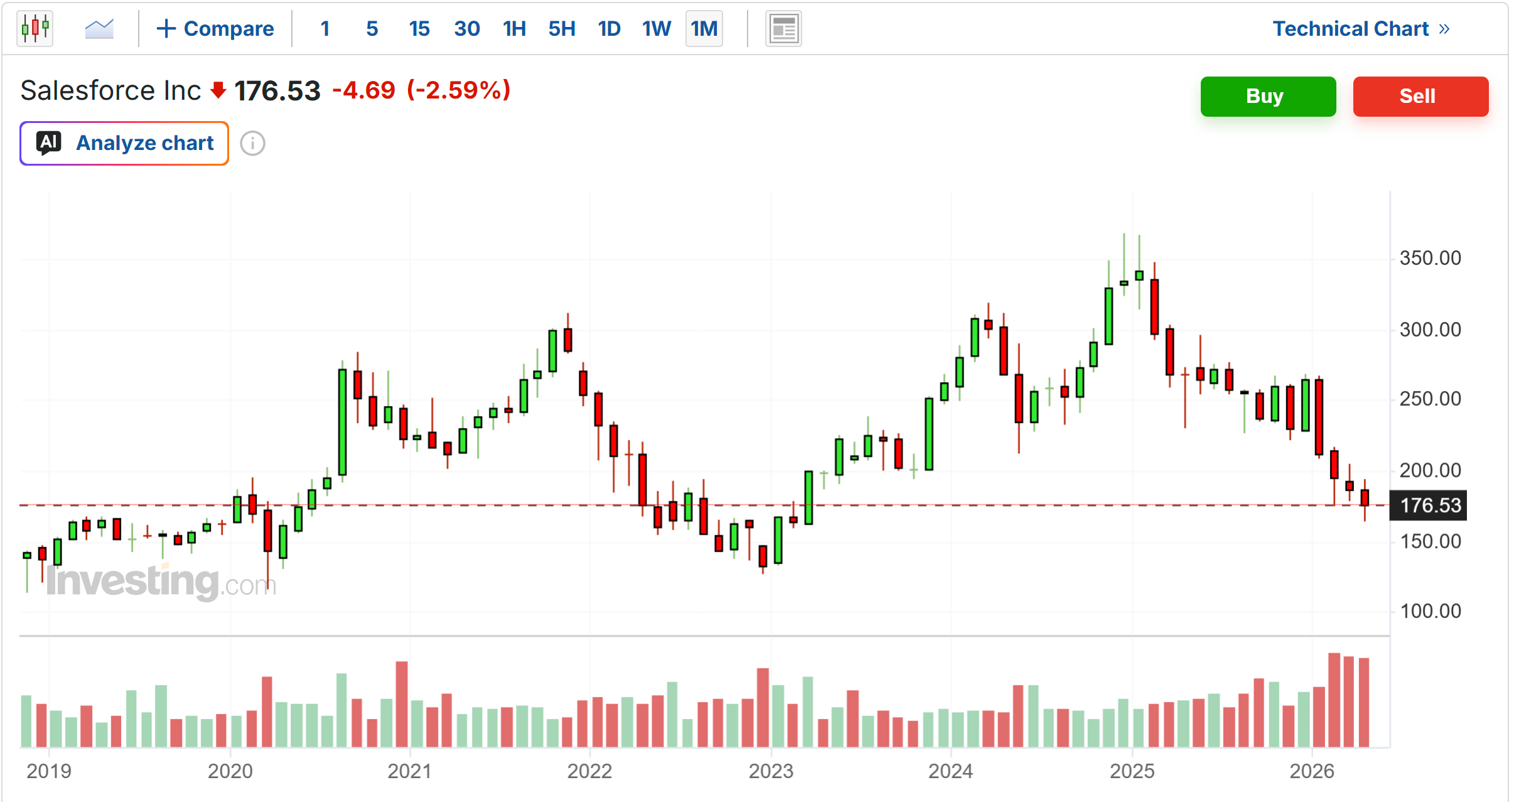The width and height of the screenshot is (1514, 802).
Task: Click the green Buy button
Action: [1268, 97]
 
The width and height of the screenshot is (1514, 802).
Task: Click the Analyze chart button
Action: [124, 143]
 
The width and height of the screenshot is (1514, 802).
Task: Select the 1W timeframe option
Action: [657, 29]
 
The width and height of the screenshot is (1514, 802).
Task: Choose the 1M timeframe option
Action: [704, 29]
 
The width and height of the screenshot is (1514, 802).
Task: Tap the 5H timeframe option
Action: [562, 29]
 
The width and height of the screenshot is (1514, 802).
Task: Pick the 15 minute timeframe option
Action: [419, 29]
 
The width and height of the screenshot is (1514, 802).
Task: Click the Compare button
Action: [215, 29]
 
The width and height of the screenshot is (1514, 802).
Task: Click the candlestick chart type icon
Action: [35, 28]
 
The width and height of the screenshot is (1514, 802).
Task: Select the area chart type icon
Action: [99, 29]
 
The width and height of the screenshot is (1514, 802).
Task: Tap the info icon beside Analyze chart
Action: [252, 143]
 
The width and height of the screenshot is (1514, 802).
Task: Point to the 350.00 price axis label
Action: [1431, 258]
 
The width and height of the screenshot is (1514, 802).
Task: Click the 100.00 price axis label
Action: [1431, 611]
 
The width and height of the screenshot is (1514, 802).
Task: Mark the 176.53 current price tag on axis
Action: [1429, 505]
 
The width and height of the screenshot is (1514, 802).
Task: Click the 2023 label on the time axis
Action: [771, 771]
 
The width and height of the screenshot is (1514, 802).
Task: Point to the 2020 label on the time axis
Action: [230, 771]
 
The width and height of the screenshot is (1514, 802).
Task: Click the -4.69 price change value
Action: [363, 90]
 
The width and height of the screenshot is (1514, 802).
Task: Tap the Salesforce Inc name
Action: [110, 90]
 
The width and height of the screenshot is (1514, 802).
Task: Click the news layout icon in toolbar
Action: [783, 29]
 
